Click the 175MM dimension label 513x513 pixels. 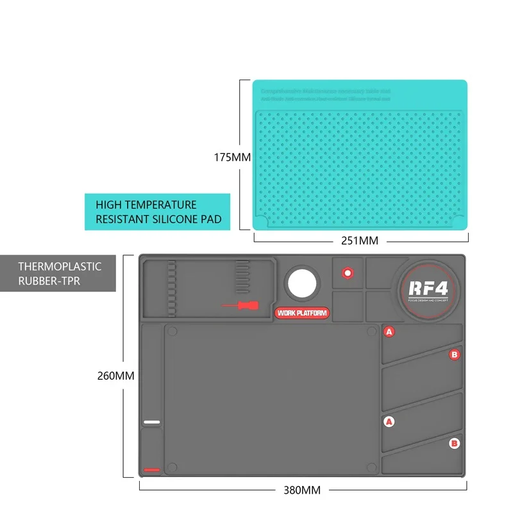pos(232,157)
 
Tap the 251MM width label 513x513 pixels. pos(360,240)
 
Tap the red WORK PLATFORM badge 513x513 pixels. pos(302,313)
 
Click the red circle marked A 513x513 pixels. pos(389,332)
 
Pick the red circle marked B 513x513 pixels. pos(455,354)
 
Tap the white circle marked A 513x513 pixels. pos(389,421)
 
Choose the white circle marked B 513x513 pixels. pos(455,442)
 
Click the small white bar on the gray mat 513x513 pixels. pos(151,422)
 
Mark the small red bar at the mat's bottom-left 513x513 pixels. pos(151,470)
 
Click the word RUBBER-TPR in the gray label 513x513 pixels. pos(49,281)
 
